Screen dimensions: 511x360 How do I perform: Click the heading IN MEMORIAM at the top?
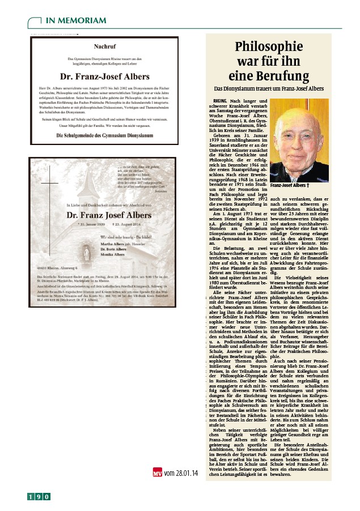75,21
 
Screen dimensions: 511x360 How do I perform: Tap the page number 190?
39,497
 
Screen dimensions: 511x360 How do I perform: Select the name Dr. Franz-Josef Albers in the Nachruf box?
104,76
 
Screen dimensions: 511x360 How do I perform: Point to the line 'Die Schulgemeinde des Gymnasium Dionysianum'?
104,136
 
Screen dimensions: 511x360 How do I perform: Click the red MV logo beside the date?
158,471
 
